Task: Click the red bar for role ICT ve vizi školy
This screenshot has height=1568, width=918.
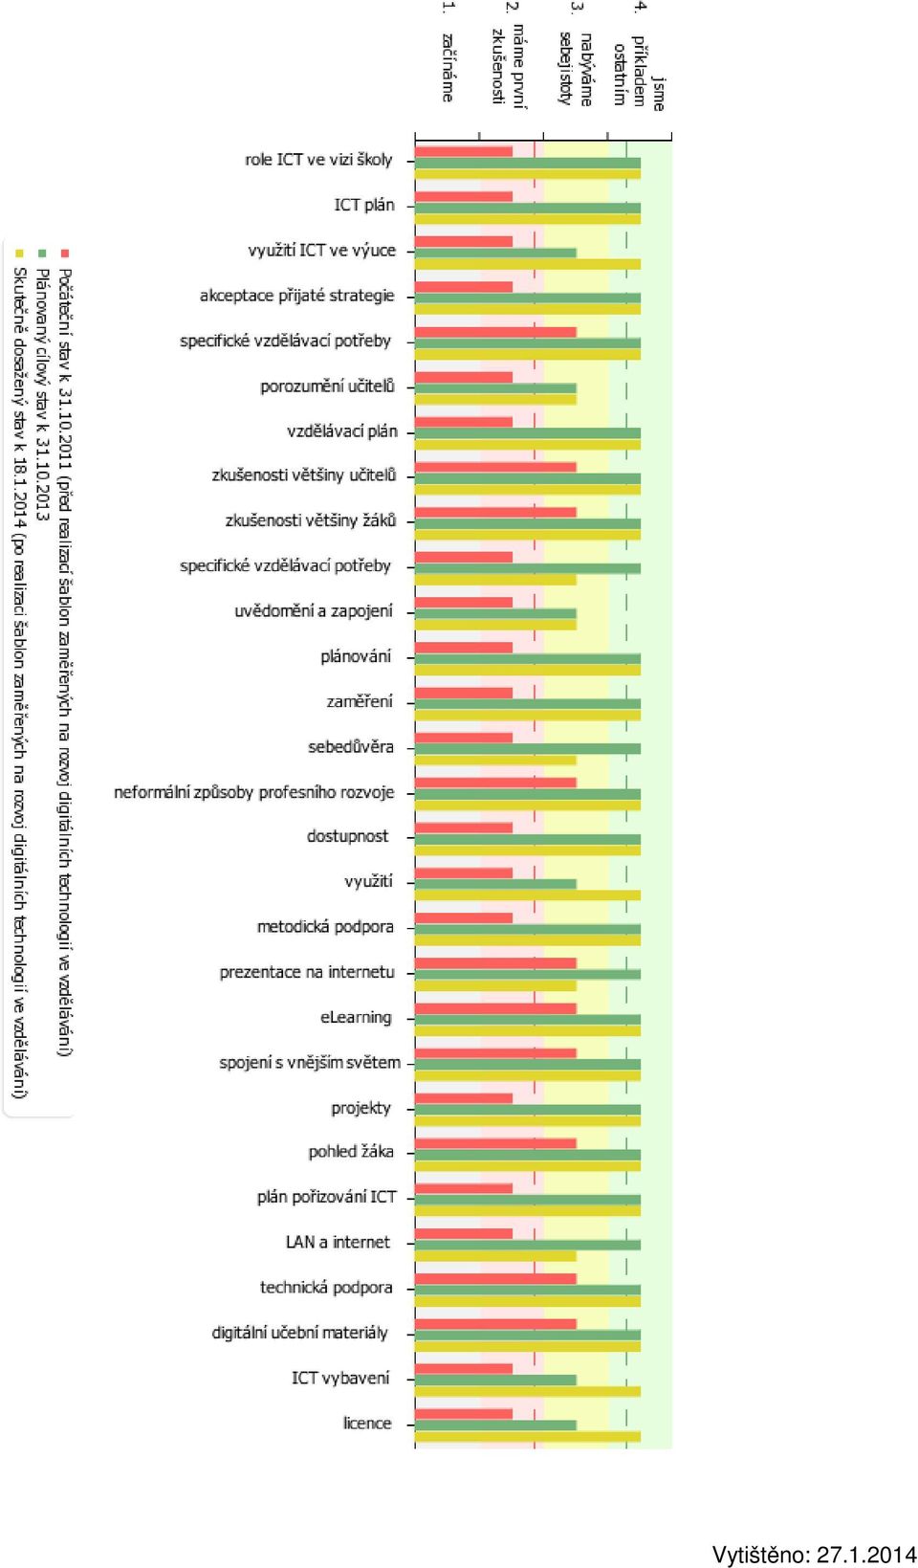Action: pos(464,151)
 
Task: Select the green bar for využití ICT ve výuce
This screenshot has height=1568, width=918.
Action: pos(496,253)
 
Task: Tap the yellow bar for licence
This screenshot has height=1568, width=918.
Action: pos(528,1436)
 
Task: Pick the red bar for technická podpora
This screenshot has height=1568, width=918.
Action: pos(496,1279)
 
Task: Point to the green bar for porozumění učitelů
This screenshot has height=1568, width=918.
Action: pos(496,387)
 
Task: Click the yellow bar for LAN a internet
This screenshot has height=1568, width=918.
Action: pos(496,1256)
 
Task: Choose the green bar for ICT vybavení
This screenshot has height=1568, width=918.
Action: pos(496,1380)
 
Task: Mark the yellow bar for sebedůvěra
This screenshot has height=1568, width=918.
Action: pos(496,761)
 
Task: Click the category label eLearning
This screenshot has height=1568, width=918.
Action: pos(356,1017)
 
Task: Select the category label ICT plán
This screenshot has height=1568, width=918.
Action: pos(363,205)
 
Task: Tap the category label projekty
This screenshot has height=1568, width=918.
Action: pos(361,1108)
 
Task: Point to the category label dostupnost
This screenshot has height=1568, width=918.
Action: pos(348,836)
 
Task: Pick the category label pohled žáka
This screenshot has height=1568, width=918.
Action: pos(351,1152)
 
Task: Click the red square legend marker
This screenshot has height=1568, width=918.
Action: pos(66,253)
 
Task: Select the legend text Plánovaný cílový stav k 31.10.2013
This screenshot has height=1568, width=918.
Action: pos(42,395)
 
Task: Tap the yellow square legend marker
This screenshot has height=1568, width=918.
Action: pos(19,253)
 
